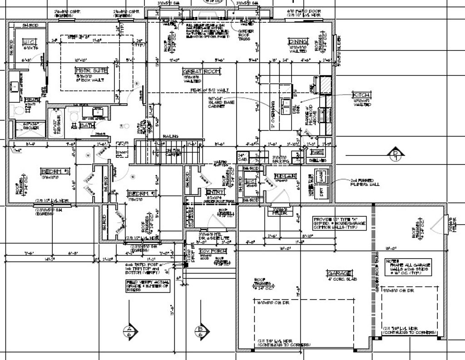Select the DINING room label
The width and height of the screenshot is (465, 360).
click(x=298, y=42)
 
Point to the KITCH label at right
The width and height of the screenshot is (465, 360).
click(x=361, y=95)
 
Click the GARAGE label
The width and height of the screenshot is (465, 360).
click(x=339, y=273)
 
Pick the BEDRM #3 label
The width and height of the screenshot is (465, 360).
click(x=54, y=171)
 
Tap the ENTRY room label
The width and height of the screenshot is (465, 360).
click(x=212, y=192)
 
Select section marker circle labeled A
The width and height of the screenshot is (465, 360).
click(x=129, y=330)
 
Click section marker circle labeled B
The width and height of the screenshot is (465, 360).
click(x=201, y=330)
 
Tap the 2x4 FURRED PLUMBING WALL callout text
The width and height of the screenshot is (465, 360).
click(x=362, y=183)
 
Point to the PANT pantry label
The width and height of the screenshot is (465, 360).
click(x=318, y=152)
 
